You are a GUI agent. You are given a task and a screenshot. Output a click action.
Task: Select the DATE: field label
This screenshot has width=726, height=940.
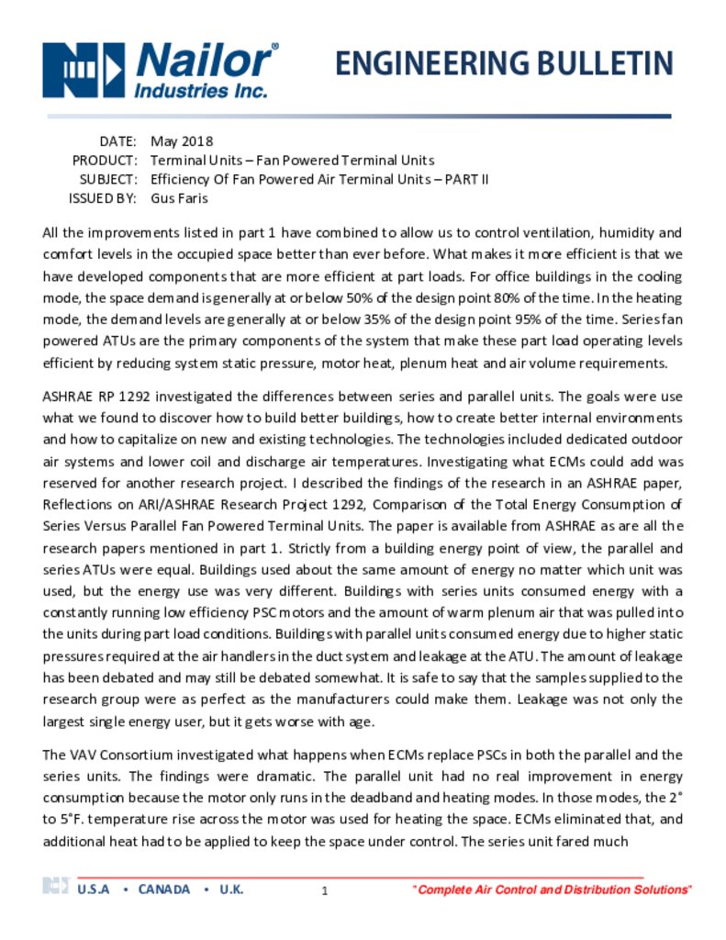(x=117, y=141)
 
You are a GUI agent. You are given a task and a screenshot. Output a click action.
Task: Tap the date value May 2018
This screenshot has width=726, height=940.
(x=182, y=141)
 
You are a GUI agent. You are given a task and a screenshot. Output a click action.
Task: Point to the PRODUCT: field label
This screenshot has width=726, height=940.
(x=105, y=161)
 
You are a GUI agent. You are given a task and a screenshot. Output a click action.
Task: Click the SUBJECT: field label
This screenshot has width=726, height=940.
(x=108, y=179)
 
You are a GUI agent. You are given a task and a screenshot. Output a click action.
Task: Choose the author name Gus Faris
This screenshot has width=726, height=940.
(x=179, y=198)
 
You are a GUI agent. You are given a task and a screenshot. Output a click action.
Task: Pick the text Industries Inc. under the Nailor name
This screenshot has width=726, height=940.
(x=201, y=91)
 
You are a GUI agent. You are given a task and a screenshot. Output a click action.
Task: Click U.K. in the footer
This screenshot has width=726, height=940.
(x=231, y=890)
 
